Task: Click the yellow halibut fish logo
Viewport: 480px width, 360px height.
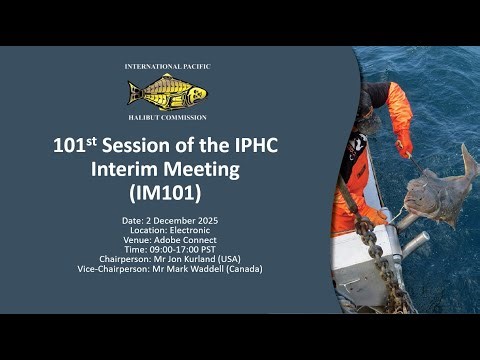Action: pos(167,93)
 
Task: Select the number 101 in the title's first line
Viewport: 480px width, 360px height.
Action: pos(73,146)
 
